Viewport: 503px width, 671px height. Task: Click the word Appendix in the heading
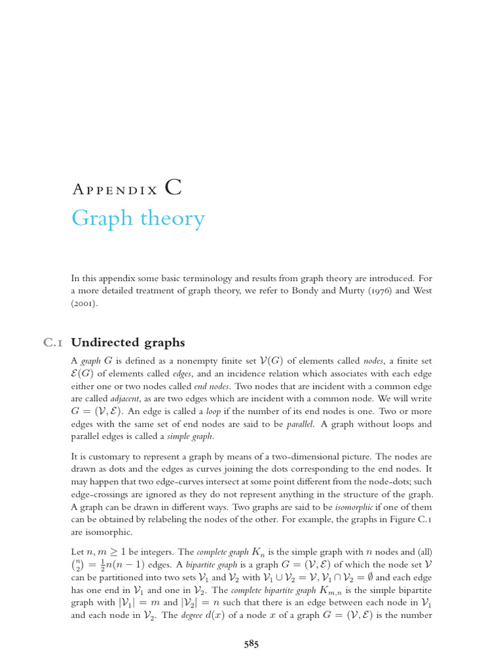[115, 190]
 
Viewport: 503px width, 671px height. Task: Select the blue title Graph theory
[138, 218]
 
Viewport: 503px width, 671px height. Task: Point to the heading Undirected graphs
[128, 343]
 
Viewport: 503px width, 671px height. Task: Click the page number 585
[251, 644]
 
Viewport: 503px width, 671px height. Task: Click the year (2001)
[84, 305]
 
